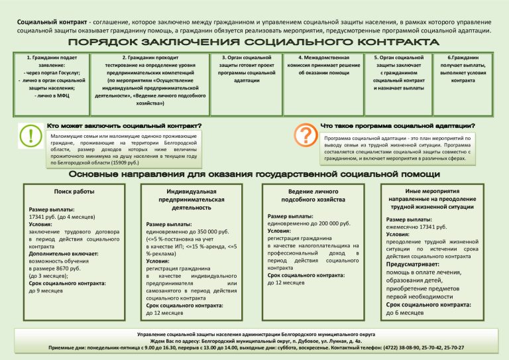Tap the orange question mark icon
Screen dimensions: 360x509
coord(305,135)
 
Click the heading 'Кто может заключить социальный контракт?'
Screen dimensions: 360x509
coord(124,125)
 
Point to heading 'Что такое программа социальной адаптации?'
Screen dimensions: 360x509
coord(398,125)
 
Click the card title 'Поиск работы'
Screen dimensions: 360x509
coord(74,192)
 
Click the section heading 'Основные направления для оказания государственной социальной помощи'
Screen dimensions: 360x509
coord(254,174)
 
